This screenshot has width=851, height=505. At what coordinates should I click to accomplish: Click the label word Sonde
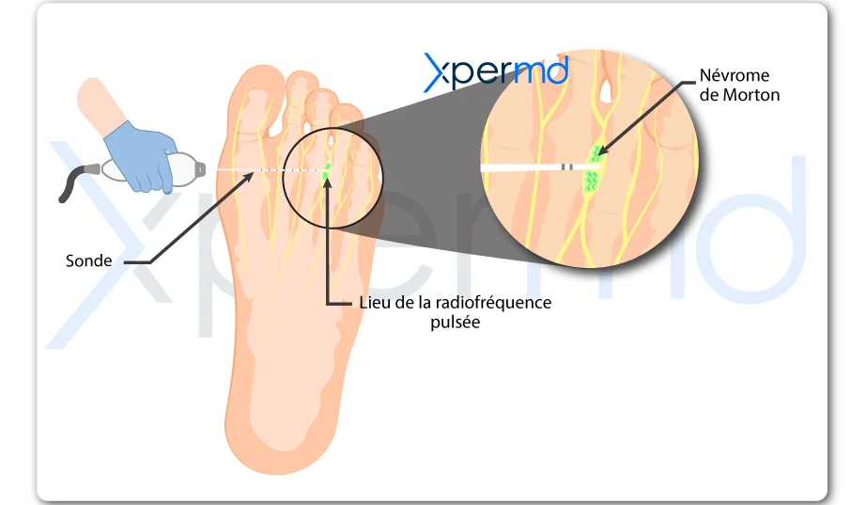point(88,260)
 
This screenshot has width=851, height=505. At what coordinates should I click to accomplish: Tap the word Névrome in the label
point(735,75)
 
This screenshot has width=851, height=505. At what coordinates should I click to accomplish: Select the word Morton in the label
point(751,95)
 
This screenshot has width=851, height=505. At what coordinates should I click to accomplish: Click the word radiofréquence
point(493,303)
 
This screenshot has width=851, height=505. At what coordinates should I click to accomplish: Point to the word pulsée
point(456,323)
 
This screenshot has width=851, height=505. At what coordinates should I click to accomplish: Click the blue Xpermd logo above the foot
point(496,71)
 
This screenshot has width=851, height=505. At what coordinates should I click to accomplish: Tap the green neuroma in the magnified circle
point(594,168)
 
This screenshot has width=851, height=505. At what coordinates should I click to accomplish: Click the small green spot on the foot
point(326,171)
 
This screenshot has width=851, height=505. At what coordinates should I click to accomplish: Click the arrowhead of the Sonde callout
point(249,176)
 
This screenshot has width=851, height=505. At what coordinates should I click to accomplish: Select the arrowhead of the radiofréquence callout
point(327,181)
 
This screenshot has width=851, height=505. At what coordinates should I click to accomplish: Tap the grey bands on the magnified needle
point(566,166)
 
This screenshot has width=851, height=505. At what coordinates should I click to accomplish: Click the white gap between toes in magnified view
point(606,91)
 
